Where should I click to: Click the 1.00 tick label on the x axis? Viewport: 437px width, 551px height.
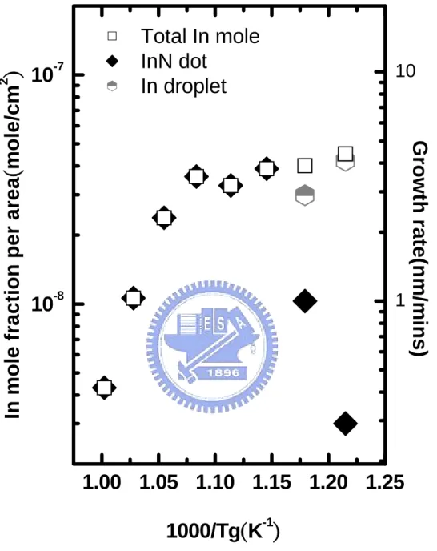[x=102, y=482]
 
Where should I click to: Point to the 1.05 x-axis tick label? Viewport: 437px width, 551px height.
[x=158, y=482]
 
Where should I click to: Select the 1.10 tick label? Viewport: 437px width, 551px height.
[x=214, y=482]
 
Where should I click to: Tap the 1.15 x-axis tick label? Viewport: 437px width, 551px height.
[x=272, y=482]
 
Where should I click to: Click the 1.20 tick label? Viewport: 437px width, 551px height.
[x=328, y=482]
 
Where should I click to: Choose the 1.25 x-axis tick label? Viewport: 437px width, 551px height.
[x=385, y=482]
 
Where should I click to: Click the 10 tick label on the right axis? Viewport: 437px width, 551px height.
[x=405, y=71]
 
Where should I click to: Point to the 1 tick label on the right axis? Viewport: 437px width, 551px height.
[x=400, y=300]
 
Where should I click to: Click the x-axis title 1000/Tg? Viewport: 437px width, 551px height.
[x=223, y=530]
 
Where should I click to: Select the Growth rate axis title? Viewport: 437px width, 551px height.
[x=419, y=249]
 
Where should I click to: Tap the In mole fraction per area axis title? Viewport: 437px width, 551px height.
[x=13, y=245]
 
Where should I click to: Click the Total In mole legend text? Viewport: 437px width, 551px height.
[x=200, y=36]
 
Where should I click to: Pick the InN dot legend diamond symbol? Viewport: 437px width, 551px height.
[x=112, y=62]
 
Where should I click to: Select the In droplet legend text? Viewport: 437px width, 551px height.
[x=184, y=86]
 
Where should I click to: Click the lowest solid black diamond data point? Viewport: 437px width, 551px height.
[x=345, y=424]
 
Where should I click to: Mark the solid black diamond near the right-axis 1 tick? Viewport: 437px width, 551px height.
[x=305, y=301]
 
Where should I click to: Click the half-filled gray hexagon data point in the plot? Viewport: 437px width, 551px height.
[x=305, y=195]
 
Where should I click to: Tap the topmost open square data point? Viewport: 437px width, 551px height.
[x=345, y=154]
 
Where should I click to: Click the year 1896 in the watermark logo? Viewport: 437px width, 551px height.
[x=223, y=372]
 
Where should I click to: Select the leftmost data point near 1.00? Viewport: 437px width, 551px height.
[x=104, y=388]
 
